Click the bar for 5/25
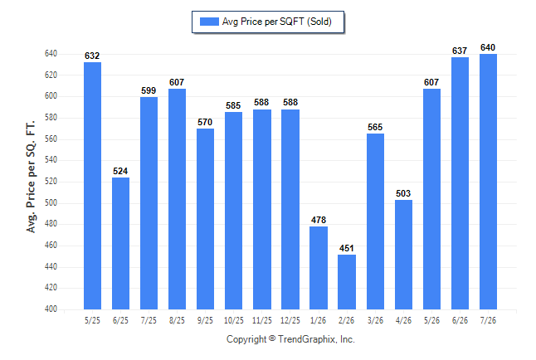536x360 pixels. point(92,186)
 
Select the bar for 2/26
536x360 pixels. point(347,282)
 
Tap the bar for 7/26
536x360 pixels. point(488,182)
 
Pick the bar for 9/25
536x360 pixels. point(205,219)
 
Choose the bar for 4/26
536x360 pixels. point(403,255)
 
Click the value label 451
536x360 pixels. point(347,248)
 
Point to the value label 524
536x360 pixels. point(120,171)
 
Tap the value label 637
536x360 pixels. point(460,51)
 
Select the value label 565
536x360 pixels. point(375,127)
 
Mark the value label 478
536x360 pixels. point(319,220)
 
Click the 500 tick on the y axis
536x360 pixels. point(51,202)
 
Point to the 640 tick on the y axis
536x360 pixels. point(51,54)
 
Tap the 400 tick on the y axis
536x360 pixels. point(51,309)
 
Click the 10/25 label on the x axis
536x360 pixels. point(234,320)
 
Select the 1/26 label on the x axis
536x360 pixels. point(319,320)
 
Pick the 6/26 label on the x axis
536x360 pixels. point(460,320)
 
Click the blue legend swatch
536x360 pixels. point(209,22)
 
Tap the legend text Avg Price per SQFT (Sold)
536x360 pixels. point(277,22)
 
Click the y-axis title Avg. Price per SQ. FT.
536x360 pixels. point(31,177)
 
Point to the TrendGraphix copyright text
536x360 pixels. point(290,339)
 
